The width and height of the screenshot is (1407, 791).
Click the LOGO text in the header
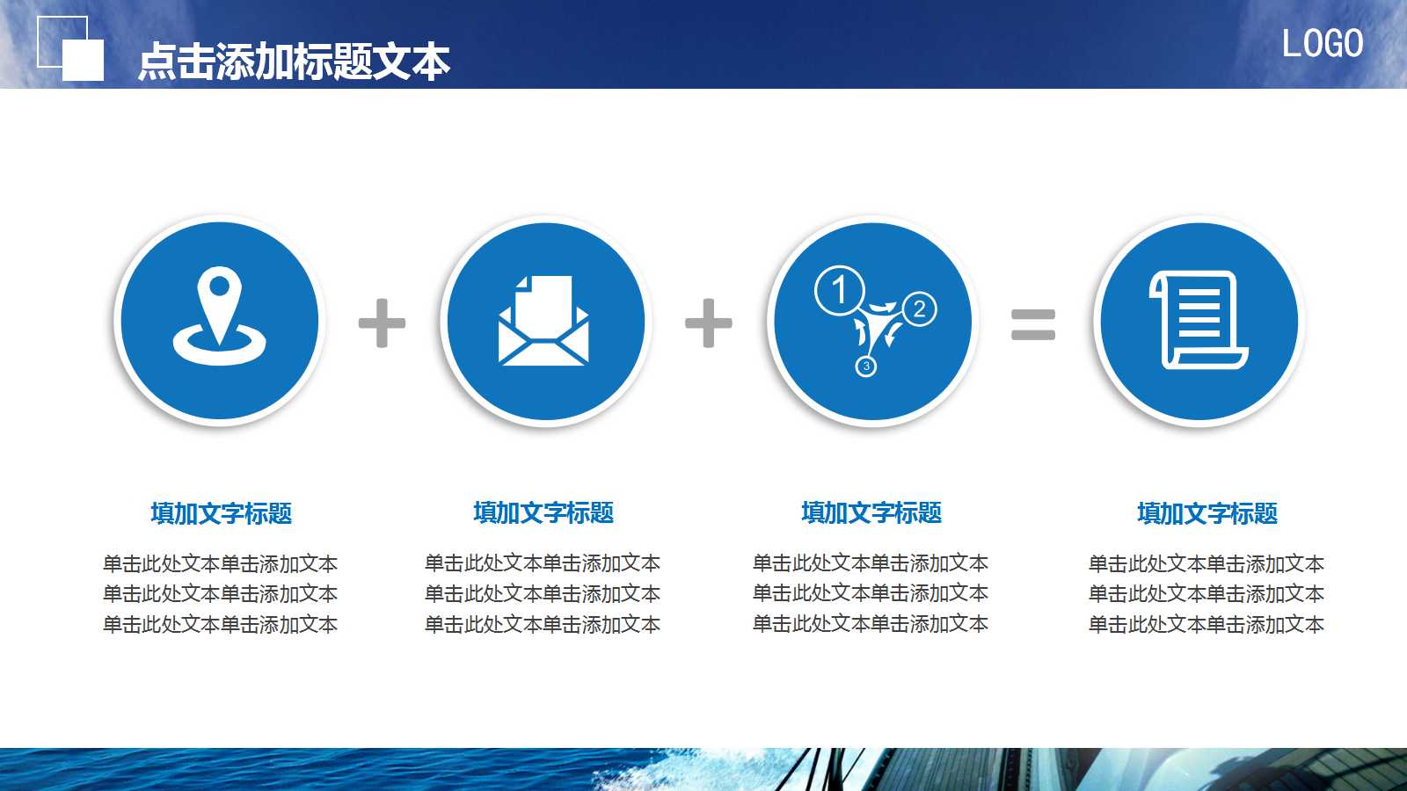1322,44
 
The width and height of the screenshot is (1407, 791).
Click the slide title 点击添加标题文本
294,62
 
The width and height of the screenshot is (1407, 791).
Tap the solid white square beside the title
84,61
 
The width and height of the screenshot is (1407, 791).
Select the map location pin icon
219,316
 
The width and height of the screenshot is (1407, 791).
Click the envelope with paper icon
544,320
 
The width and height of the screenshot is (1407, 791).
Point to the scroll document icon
1199,320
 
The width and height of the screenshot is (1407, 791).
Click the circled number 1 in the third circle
839,290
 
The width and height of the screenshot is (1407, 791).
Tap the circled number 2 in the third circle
919,308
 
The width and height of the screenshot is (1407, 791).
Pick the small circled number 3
866,366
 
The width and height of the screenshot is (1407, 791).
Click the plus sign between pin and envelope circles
383,323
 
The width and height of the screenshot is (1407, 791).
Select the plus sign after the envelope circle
709,323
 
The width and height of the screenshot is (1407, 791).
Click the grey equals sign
1033,323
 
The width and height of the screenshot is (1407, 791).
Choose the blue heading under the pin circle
221,513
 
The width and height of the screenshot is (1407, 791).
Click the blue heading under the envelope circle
543,512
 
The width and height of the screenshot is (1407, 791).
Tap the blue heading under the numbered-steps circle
871,512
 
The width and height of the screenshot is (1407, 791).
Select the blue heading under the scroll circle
1207,513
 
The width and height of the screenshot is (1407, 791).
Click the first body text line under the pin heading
221,563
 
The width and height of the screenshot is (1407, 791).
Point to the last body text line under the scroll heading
1207,624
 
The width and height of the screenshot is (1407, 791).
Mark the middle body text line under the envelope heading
543,593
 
